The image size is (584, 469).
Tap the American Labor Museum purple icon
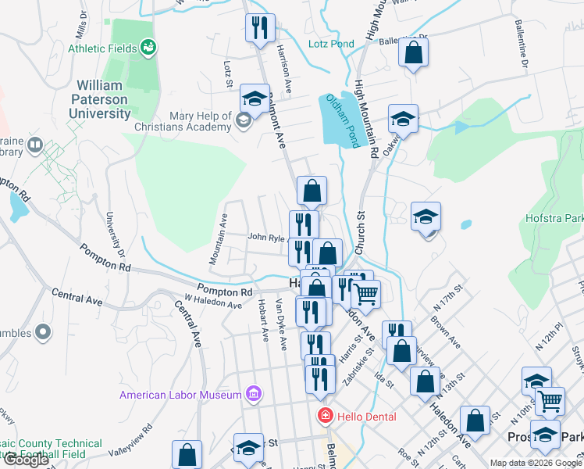coord(253,394)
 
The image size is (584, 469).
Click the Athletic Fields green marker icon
coord(148,48)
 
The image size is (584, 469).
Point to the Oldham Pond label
coord(343,121)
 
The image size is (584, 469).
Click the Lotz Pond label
coord(331,44)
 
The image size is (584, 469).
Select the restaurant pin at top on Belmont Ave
coord(259,27)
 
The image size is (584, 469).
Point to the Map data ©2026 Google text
coord(536,463)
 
